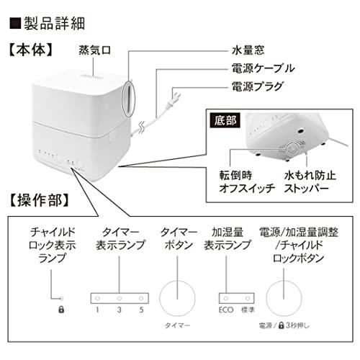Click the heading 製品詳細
pyautogui.click(x=54, y=24)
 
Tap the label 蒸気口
pyautogui.click(x=95, y=50)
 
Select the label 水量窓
pyautogui.click(x=248, y=50)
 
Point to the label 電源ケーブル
pyautogui.click(x=263, y=68)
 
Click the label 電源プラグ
pyautogui.click(x=258, y=86)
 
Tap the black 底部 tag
pyautogui.click(x=225, y=120)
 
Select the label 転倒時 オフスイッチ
pyautogui.click(x=247, y=181)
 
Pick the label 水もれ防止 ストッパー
pyautogui.click(x=310, y=181)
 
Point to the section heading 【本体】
pyautogui.click(x=31, y=50)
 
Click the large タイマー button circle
pyautogui.click(x=177, y=298)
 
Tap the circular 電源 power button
pyautogui.click(x=284, y=298)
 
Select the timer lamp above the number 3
pyautogui.click(x=120, y=299)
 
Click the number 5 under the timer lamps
pyautogui.click(x=141, y=310)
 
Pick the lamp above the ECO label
pyautogui.click(x=226, y=299)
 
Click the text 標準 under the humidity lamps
pyautogui.click(x=248, y=310)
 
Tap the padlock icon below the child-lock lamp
pyautogui.click(x=61, y=310)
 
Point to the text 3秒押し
pyautogui.click(x=297, y=325)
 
